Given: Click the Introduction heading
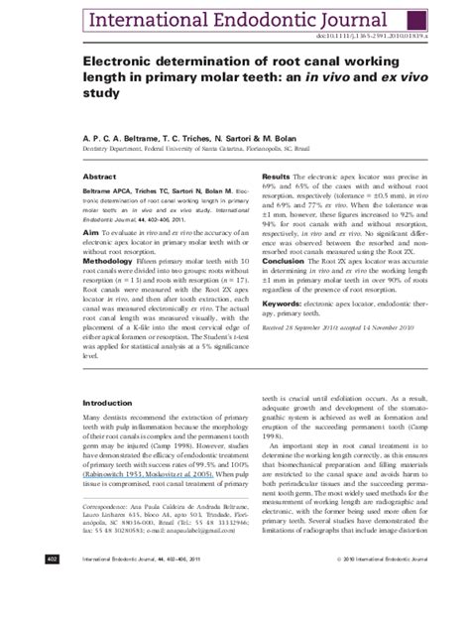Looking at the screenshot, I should (x=106, y=404).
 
